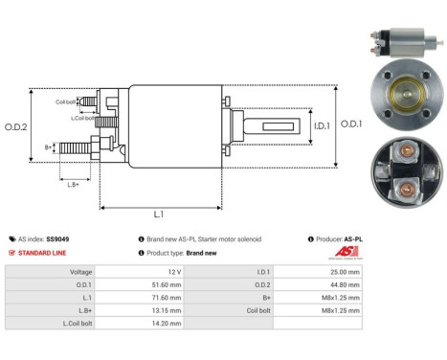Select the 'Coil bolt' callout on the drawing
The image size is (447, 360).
[x=65, y=101]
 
